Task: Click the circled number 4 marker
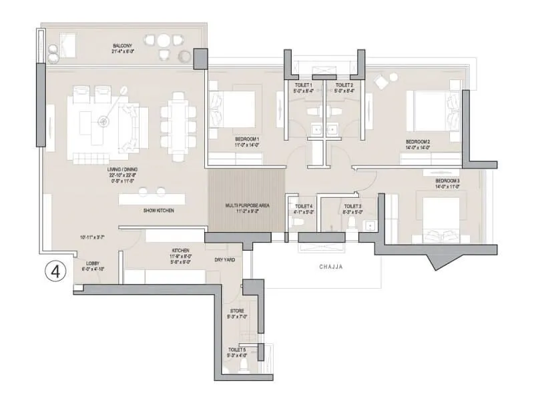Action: pos(57,272)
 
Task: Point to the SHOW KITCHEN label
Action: pos(159,211)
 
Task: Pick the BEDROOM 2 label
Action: pos(419,142)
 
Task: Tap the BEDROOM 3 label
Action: pos(447,181)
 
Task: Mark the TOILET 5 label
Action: pos(238,350)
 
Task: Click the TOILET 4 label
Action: pos(303,207)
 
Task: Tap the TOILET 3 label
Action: pos(352,207)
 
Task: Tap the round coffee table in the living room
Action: pos(103,121)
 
